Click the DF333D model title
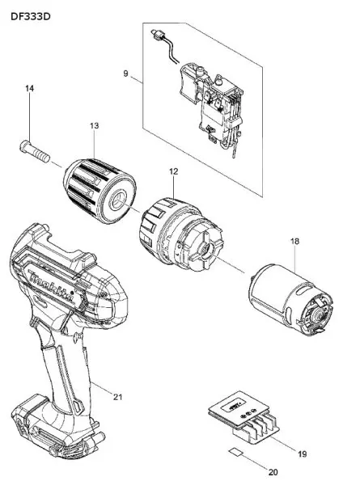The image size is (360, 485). pos(30,16)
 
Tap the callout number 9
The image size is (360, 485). pos(125,74)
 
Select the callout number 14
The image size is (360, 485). pos(29,88)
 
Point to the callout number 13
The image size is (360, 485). pos(95,126)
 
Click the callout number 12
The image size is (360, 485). pos(174,171)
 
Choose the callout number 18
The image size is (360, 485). pos(295,241)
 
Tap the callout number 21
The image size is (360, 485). pos(117,397)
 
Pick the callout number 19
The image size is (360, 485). pos(302,453)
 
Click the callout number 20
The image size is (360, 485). pos(273,472)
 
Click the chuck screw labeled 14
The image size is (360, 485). pos(35,151)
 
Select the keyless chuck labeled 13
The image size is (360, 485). pos(100,191)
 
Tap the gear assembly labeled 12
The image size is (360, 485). pos(180,234)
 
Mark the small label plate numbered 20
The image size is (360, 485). pos(236,451)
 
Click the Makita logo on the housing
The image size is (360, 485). pos(51,285)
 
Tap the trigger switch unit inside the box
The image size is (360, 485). pos(210,107)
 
